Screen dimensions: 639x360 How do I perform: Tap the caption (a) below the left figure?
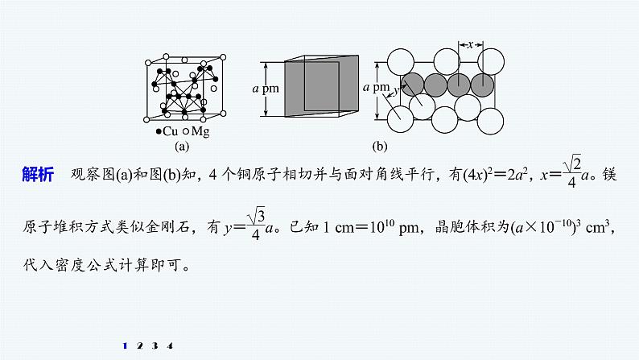click(x=181, y=147)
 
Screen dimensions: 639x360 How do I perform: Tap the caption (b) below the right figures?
click(x=380, y=147)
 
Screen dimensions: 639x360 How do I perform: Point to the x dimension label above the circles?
click(x=470, y=45)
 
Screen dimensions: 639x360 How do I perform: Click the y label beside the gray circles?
click(x=396, y=92)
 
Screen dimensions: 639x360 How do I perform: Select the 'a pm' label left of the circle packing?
click(x=376, y=86)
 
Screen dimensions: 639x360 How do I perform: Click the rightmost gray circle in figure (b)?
click(x=481, y=83)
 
